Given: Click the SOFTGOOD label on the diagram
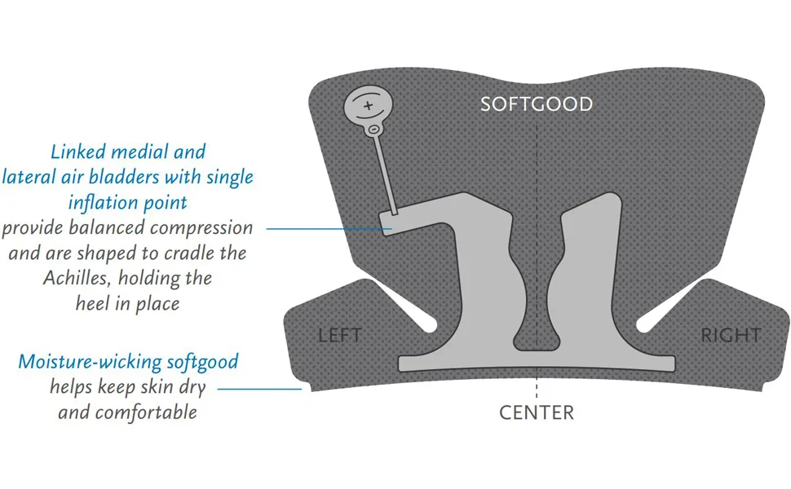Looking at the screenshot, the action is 537,104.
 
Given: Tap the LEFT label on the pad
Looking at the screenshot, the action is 340,335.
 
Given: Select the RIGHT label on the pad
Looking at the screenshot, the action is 731,335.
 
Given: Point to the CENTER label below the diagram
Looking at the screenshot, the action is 537,413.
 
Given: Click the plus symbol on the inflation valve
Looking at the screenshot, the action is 369,105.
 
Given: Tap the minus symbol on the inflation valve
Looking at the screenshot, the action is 373,130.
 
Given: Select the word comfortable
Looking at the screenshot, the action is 146,412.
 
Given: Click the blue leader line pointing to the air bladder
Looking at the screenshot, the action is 329,229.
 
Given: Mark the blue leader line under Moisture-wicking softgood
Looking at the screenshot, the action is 260,389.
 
